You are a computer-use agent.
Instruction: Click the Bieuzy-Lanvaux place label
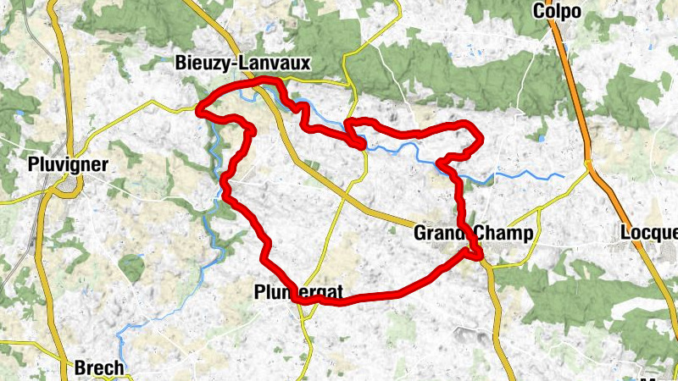pos(242,63)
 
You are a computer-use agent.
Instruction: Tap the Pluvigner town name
pos(67,165)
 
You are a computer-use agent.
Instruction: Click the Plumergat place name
pos(298,293)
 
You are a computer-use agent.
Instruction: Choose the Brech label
pos(100,368)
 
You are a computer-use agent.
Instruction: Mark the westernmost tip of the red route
pos(198,109)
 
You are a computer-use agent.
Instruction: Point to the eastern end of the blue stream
pos(563,176)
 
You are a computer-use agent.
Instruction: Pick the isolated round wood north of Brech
pos(131,268)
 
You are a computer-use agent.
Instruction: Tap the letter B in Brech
pos(81,368)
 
